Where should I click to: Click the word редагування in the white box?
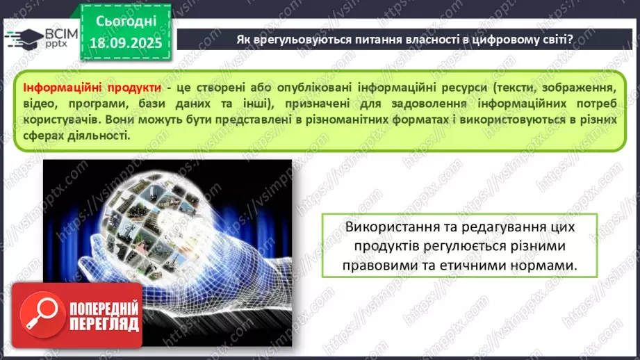502,228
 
